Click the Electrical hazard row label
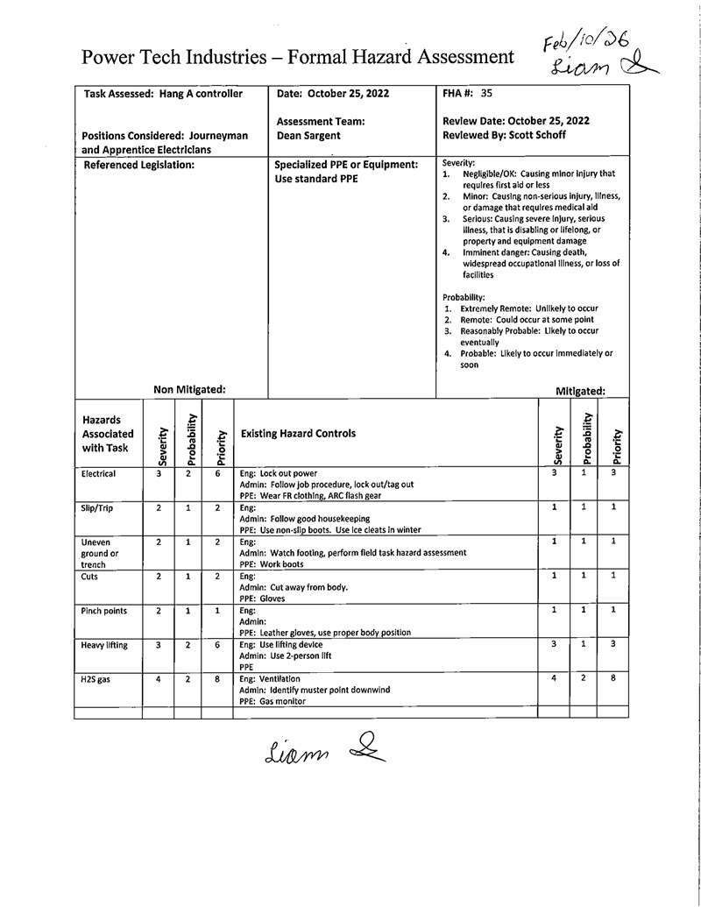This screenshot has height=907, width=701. (x=98, y=474)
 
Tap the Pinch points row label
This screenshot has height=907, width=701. (x=103, y=611)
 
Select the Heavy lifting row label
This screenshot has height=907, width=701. (x=104, y=645)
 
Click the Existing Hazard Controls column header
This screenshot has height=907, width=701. (x=298, y=434)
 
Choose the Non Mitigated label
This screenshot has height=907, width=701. (x=189, y=389)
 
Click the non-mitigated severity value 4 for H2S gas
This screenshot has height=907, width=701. (x=159, y=679)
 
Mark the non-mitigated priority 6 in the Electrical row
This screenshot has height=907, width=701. (x=217, y=474)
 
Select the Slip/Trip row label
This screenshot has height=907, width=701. (x=97, y=508)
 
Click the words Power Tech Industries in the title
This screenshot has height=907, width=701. (x=173, y=59)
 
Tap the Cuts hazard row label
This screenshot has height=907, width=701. (x=89, y=577)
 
